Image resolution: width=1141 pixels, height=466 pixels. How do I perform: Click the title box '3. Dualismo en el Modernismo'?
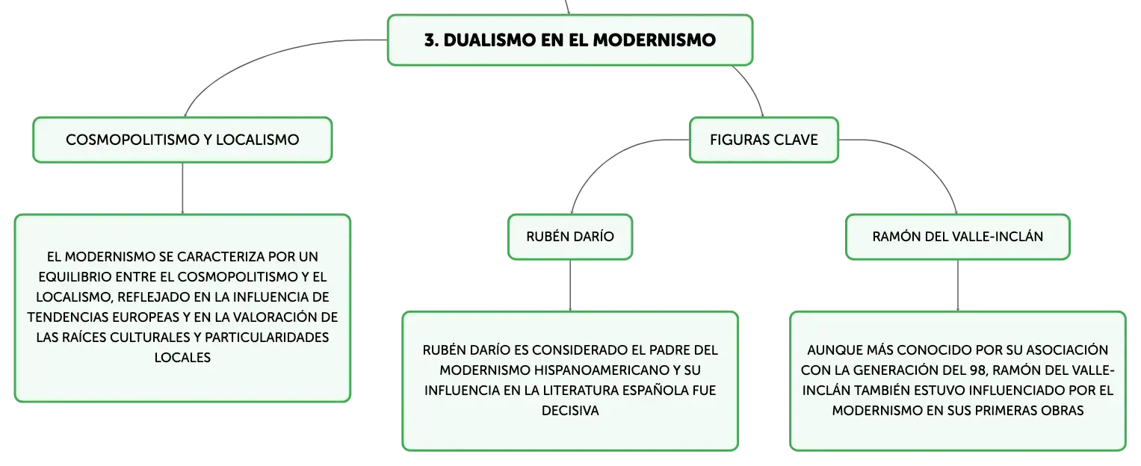[x=570, y=40]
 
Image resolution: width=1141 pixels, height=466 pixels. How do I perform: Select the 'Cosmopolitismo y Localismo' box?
[x=182, y=140]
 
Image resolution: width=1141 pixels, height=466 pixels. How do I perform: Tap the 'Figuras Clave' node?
[x=764, y=140]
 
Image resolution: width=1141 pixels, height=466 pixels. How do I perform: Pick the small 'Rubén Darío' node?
[x=570, y=237]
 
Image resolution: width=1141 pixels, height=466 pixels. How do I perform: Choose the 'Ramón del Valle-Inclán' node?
[x=958, y=237]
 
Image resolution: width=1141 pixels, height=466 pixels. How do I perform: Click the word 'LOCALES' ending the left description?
[x=182, y=358]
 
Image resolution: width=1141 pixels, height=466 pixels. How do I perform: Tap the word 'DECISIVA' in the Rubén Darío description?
[x=570, y=411]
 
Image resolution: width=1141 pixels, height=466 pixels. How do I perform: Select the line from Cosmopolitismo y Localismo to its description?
[x=182, y=188]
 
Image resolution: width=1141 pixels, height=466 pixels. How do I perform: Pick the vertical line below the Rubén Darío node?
[x=570, y=285]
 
